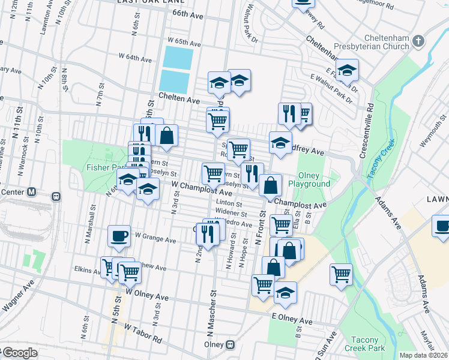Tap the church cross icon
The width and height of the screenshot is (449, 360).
coord(419,41)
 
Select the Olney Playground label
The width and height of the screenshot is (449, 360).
coord(309,179)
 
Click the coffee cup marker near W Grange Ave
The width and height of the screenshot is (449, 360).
coord(119,236)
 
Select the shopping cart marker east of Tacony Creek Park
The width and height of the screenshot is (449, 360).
coord(342,274)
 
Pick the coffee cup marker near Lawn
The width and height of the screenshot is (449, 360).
coord(442,227)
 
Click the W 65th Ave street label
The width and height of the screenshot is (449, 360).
coord(184,41)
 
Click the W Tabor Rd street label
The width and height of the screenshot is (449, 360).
coord(143,333)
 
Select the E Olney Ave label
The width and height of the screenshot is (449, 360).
coord(292,321)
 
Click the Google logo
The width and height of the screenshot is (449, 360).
coord(20,353)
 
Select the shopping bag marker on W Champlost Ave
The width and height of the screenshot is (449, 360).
coord(271,185)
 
